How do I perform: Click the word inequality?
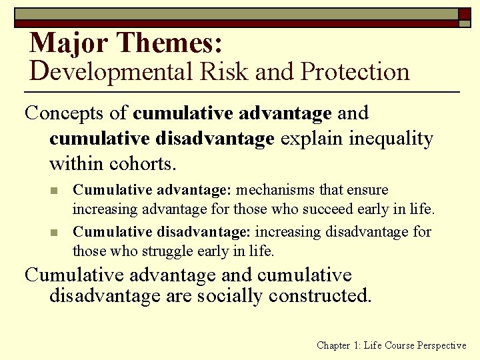pos(391,139)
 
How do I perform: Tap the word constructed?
pos(317,295)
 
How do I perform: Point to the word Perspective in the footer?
pos(441,345)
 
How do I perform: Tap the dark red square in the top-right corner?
pos(465,13)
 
